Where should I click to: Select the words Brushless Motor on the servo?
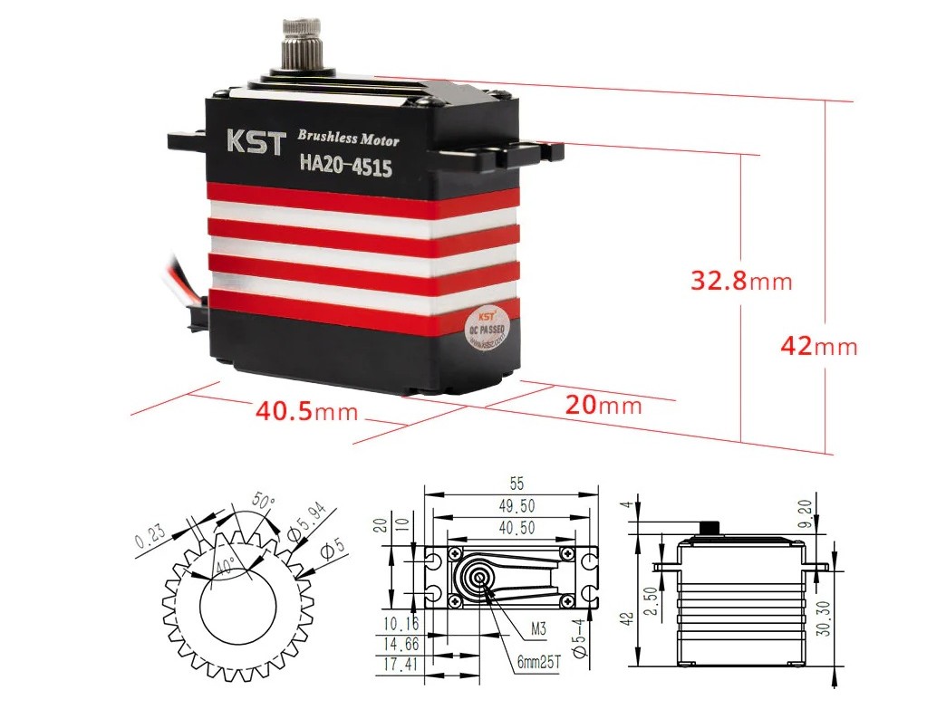pyautogui.click(x=348, y=139)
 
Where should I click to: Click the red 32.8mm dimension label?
pyautogui.click(x=741, y=282)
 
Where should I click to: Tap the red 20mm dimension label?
pyautogui.click(x=603, y=405)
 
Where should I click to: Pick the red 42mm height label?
pyautogui.click(x=817, y=347)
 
